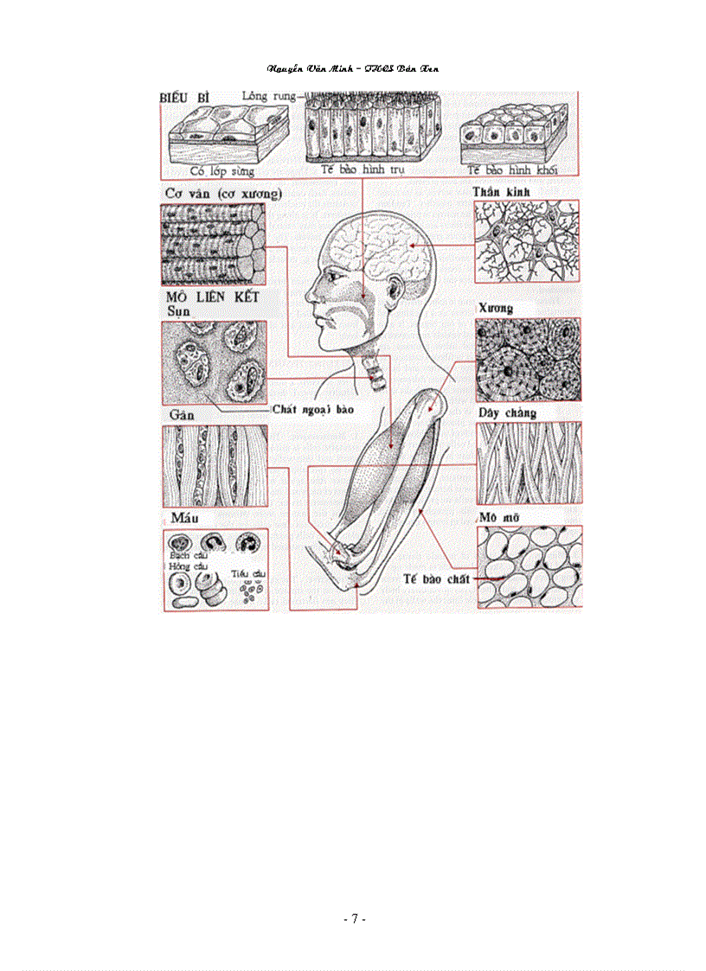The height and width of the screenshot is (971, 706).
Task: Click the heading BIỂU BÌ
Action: (x=185, y=99)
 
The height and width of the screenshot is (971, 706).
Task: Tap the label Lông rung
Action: (x=270, y=95)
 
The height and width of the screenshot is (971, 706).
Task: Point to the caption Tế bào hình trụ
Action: (x=363, y=170)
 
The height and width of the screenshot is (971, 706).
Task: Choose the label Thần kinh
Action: (x=502, y=191)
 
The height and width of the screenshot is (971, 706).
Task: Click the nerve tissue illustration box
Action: (x=528, y=241)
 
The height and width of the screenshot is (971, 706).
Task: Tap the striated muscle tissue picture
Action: (x=214, y=246)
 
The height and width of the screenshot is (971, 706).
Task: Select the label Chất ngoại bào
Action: (x=313, y=408)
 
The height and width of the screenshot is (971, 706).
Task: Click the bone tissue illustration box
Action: (x=528, y=359)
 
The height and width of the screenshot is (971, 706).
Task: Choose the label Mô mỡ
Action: (x=497, y=517)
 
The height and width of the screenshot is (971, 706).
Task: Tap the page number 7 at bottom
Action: (x=354, y=919)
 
